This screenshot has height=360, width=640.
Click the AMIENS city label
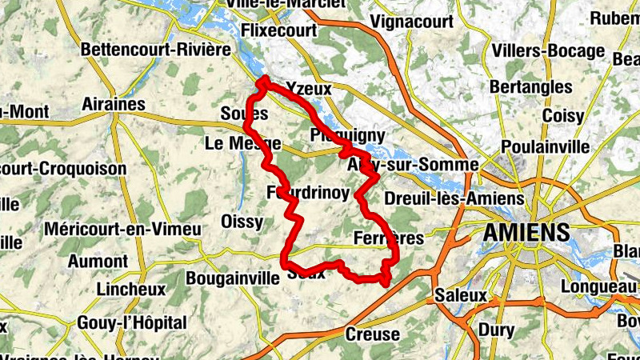pyautogui.click(x=526, y=234)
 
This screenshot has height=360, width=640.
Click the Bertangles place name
pyautogui.click(x=542, y=86)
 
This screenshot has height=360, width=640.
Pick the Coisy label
pyautogui.click(x=563, y=116)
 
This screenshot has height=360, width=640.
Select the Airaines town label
pyautogui.click(x=114, y=105)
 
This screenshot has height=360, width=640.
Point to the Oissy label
pyautogui.click(x=242, y=222)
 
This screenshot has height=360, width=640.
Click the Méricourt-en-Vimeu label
pyautogui.click(x=123, y=230)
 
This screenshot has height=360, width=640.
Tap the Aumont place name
pyautogui.click(x=98, y=261)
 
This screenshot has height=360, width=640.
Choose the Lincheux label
pyautogui.click(x=130, y=288)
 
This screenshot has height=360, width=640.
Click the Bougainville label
pyautogui.click(x=231, y=279)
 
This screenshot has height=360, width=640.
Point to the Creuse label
pyautogui.click(x=371, y=334)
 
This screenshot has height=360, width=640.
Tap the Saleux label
pyautogui.click(x=461, y=295)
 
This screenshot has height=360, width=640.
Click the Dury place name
pyautogui.click(x=496, y=330)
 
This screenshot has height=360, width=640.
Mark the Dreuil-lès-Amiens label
pyautogui.click(x=454, y=198)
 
